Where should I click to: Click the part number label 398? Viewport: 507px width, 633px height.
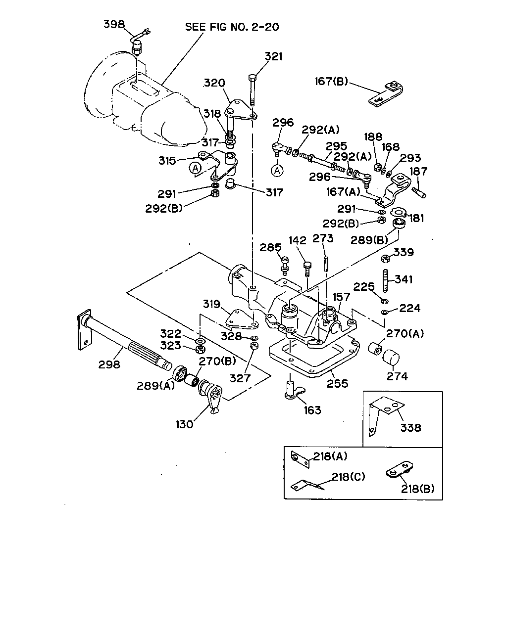coord(114,24)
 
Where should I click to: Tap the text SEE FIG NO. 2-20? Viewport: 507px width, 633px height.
coord(232,27)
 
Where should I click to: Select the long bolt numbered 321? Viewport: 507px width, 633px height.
coord(253,90)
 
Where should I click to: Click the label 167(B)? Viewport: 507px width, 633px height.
coord(331,81)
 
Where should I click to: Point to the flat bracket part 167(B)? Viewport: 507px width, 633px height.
coord(385,93)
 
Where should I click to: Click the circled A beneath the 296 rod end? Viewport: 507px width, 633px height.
coord(277,171)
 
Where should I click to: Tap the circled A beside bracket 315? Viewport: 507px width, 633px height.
coord(195,169)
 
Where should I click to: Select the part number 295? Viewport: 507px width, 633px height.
coord(337,146)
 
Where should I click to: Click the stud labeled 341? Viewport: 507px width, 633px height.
coord(386,280)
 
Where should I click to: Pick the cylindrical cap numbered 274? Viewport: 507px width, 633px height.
coord(391,358)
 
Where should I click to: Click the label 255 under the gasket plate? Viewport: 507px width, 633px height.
coord(337,384)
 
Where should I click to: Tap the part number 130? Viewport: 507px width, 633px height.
coord(185,424)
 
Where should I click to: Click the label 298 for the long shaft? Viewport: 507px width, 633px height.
coord(109,365)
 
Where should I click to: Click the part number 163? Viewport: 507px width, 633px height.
coord(312,410)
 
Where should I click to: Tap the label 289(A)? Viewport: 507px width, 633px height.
coord(156,386)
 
